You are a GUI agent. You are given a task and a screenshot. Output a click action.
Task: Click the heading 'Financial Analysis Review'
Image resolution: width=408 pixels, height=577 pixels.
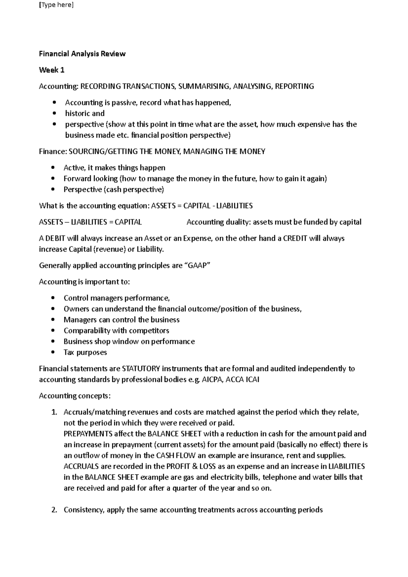82,54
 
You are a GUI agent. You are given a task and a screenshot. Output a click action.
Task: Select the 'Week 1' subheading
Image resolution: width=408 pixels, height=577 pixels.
52,70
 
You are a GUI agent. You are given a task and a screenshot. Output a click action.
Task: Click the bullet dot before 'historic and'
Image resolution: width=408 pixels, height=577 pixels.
54,113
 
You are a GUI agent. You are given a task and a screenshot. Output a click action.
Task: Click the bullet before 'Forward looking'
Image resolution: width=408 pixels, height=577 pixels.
52,179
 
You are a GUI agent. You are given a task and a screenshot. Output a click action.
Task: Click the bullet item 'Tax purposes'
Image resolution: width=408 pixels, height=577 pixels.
85,352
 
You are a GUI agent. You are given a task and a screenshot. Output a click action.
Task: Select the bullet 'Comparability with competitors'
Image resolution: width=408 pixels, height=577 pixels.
116,331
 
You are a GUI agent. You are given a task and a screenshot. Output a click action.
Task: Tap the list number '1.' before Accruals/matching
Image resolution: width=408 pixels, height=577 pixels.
54,412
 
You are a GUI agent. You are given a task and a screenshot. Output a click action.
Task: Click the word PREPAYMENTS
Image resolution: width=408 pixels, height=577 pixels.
88,434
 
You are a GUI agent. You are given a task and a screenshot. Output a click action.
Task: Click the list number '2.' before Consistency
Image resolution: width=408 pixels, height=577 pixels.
54,510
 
